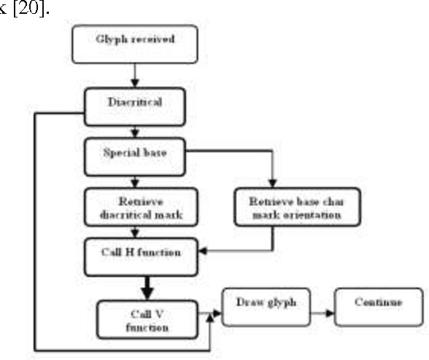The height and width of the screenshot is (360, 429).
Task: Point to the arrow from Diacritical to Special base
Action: pyautogui.click(x=133, y=132)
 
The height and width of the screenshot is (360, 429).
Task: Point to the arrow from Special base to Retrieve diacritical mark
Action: pyautogui.click(x=133, y=182)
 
